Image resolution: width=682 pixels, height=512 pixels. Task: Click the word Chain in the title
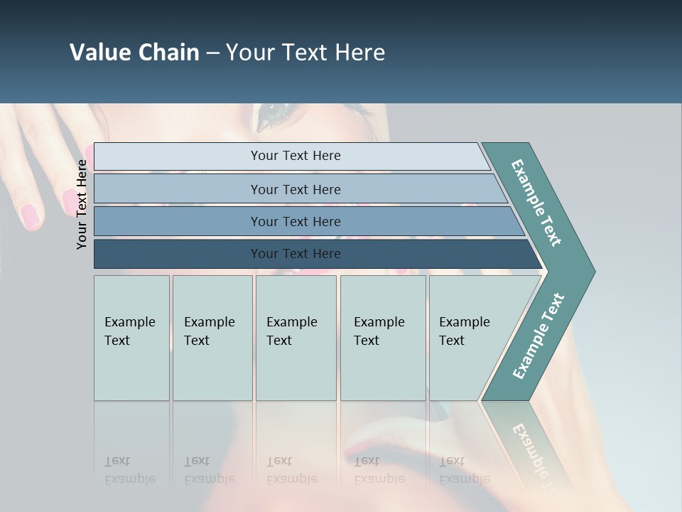click(x=168, y=53)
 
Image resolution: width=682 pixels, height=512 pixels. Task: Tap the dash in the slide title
click(x=212, y=53)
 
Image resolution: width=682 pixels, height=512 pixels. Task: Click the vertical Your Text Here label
click(x=82, y=204)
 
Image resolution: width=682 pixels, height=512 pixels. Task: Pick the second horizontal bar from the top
click(x=295, y=189)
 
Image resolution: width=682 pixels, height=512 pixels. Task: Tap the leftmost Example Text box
click(x=131, y=338)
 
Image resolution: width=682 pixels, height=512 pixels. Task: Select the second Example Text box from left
click(x=212, y=338)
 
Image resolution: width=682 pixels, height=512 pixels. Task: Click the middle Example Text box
click(x=296, y=338)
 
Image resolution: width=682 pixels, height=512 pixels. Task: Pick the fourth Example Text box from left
click(x=383, y=338)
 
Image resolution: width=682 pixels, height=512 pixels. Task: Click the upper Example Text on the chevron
click(x=537, y=203)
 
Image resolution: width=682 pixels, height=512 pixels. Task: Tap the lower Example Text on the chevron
click(x=538, y=336)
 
